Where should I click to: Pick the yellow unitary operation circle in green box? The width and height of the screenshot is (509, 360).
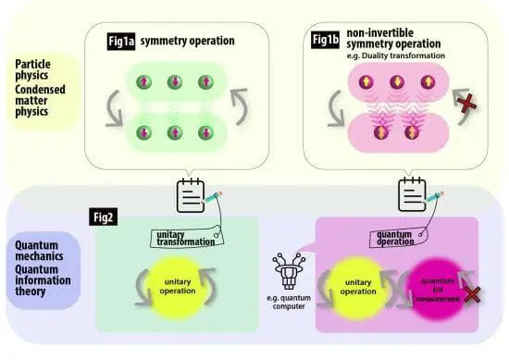(176, 283)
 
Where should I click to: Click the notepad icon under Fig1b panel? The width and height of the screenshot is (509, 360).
(412, 196)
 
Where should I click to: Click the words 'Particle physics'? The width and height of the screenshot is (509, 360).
(38, 70)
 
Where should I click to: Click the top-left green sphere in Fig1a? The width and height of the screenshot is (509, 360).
(143, 84)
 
